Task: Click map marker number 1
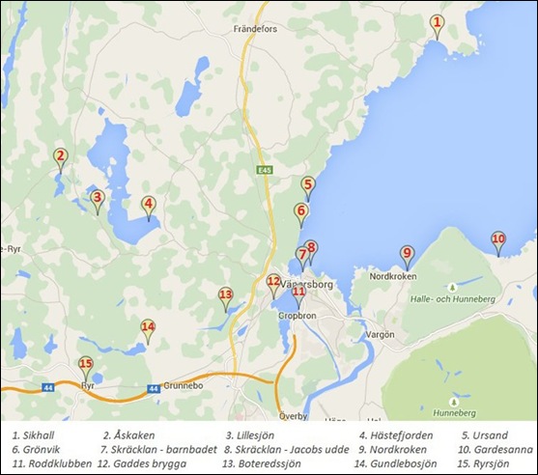[437, 23]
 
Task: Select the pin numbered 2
[60, 157]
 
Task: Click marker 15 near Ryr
[86, 366]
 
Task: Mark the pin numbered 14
[148, 328]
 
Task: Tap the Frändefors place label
[256, 30]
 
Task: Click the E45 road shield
[265, 169]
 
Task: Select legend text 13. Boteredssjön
[262, 463]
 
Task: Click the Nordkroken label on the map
[393, 276]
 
